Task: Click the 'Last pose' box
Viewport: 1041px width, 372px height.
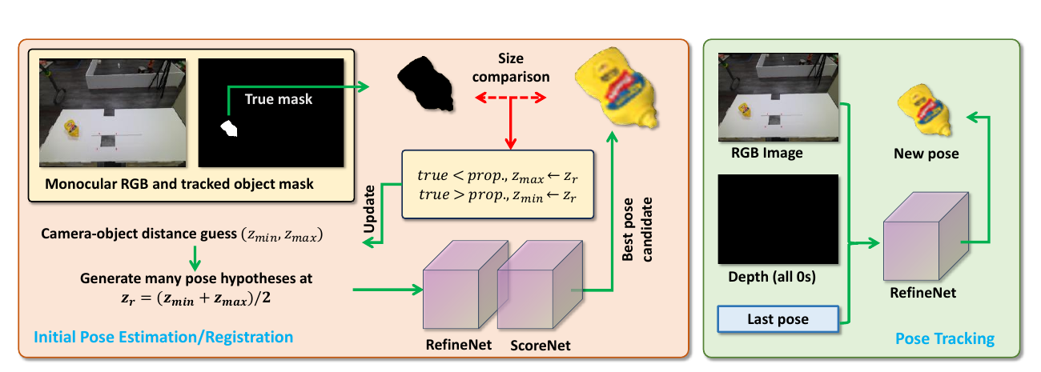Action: coord(778,319)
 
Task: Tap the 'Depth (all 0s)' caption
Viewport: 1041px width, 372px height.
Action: coord(772,277)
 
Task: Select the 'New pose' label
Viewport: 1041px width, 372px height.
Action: coord(926,154)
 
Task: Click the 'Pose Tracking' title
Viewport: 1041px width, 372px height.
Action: coord(945,338)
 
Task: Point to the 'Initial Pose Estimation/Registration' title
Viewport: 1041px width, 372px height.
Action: coord(163,337)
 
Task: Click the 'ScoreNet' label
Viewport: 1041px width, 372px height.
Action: coord(540,346)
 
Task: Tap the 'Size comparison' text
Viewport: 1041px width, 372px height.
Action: coord(511,68)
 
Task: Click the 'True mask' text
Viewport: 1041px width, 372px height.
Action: coord(279,99)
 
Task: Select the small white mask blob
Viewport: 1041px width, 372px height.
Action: coord(229,129)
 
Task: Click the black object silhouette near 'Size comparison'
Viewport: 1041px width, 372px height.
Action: coord(425,83)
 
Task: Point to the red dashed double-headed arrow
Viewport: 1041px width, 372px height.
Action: coord(510,98)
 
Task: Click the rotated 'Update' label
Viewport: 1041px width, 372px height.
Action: coord(369,209)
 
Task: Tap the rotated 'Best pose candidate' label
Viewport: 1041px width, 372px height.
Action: coord(637,230)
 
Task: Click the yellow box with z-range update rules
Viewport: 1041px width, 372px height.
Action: coord(498,184)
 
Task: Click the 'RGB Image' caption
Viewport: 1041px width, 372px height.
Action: coord(767,153)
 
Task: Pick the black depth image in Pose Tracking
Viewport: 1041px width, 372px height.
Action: coord(778,219)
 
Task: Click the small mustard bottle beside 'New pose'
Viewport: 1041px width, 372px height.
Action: coord(924,110)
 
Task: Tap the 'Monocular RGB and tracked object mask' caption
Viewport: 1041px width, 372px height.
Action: coord(179,184)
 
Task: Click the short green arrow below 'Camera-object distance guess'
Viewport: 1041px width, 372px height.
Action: coord(195,258)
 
